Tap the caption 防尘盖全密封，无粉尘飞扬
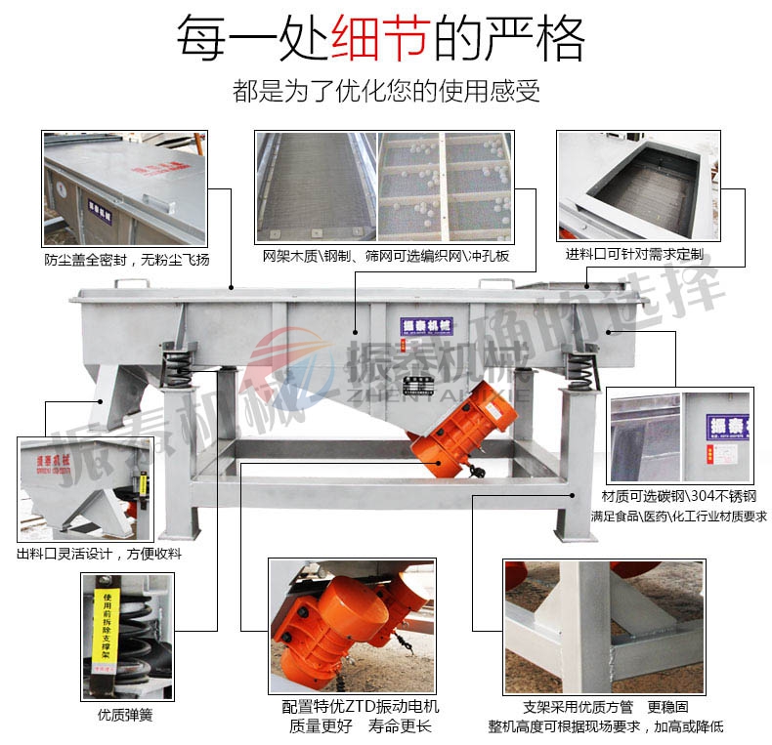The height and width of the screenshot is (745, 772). (x=126, y=260)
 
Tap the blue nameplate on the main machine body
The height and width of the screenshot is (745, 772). (x=422, y=325)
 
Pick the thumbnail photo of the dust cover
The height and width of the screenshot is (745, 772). (x=125, y=187)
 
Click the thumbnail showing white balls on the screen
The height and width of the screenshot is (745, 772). (x=445, y=186)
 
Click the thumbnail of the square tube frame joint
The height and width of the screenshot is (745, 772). (x=603, y=625)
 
